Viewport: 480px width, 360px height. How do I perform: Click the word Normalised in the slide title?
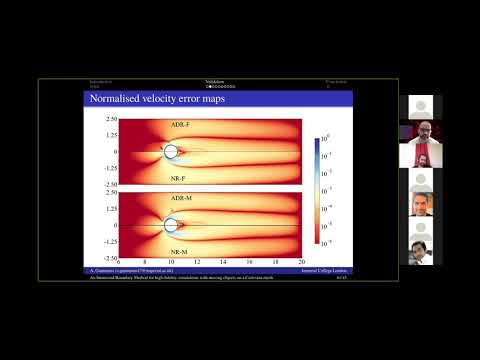(112, 100)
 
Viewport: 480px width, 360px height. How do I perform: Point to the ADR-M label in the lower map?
(181, 198)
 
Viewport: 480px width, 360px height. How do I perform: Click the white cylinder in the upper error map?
(171, 152)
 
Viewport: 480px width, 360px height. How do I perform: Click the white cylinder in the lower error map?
(171, 226)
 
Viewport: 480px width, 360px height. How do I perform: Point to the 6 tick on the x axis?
(118, 263)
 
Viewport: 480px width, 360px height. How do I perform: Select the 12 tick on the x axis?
(197, 263)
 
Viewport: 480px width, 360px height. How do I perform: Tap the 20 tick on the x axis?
(301, 263)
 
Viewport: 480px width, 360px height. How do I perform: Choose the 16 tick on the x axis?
(249, 263)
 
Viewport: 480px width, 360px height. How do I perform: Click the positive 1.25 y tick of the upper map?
(110, 135)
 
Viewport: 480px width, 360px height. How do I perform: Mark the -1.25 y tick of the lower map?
(109, 241)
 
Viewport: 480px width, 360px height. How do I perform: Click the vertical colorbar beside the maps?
(318, 190)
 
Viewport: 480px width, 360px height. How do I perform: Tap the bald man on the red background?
(420, 133)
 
